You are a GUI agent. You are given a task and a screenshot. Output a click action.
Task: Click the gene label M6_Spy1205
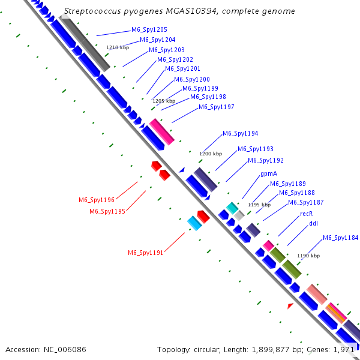149,29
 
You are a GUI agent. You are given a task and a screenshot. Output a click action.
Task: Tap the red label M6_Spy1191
145,253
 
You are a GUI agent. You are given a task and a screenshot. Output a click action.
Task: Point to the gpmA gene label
269,173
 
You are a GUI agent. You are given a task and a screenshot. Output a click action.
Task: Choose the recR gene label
306,214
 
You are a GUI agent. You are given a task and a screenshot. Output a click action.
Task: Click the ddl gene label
313,224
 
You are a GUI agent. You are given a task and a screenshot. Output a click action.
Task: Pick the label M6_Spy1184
341,238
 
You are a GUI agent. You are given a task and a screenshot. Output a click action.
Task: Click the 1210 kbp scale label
118,47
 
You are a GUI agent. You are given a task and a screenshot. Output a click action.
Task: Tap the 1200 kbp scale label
211,154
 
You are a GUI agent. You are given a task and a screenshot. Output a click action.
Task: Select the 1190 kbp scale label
308,256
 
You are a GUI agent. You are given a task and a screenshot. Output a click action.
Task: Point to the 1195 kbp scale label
259,205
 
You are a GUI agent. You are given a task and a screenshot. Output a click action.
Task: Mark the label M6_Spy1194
241,133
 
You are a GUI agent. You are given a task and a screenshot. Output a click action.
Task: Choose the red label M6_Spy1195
107,211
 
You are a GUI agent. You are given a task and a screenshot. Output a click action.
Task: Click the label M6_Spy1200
192,79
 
